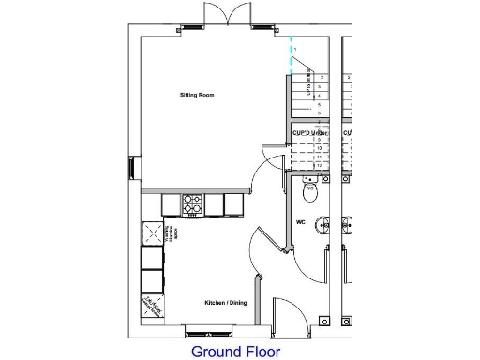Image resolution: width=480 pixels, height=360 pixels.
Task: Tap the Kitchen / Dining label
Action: coord(226,303)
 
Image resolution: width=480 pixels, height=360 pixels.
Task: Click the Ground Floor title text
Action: coord(235,352)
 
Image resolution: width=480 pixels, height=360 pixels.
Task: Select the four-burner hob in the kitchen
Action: coord(192,204)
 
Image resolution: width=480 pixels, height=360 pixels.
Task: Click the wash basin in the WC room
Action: coord(322,225)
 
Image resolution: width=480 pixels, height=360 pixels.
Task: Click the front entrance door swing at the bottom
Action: coord(283,314)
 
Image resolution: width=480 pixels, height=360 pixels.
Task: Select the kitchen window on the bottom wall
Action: coord(211,330)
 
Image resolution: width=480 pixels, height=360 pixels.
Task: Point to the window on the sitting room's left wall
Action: coord(130,169)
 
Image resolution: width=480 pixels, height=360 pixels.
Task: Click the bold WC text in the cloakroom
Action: coord(301,223)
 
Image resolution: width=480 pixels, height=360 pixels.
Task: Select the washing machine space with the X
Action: coord(151,231)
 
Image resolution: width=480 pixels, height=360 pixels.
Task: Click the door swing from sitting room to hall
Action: coord(272,161)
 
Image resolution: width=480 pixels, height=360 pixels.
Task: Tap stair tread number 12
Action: coord(321,165)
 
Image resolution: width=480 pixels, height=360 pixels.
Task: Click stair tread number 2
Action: coord(322,78)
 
